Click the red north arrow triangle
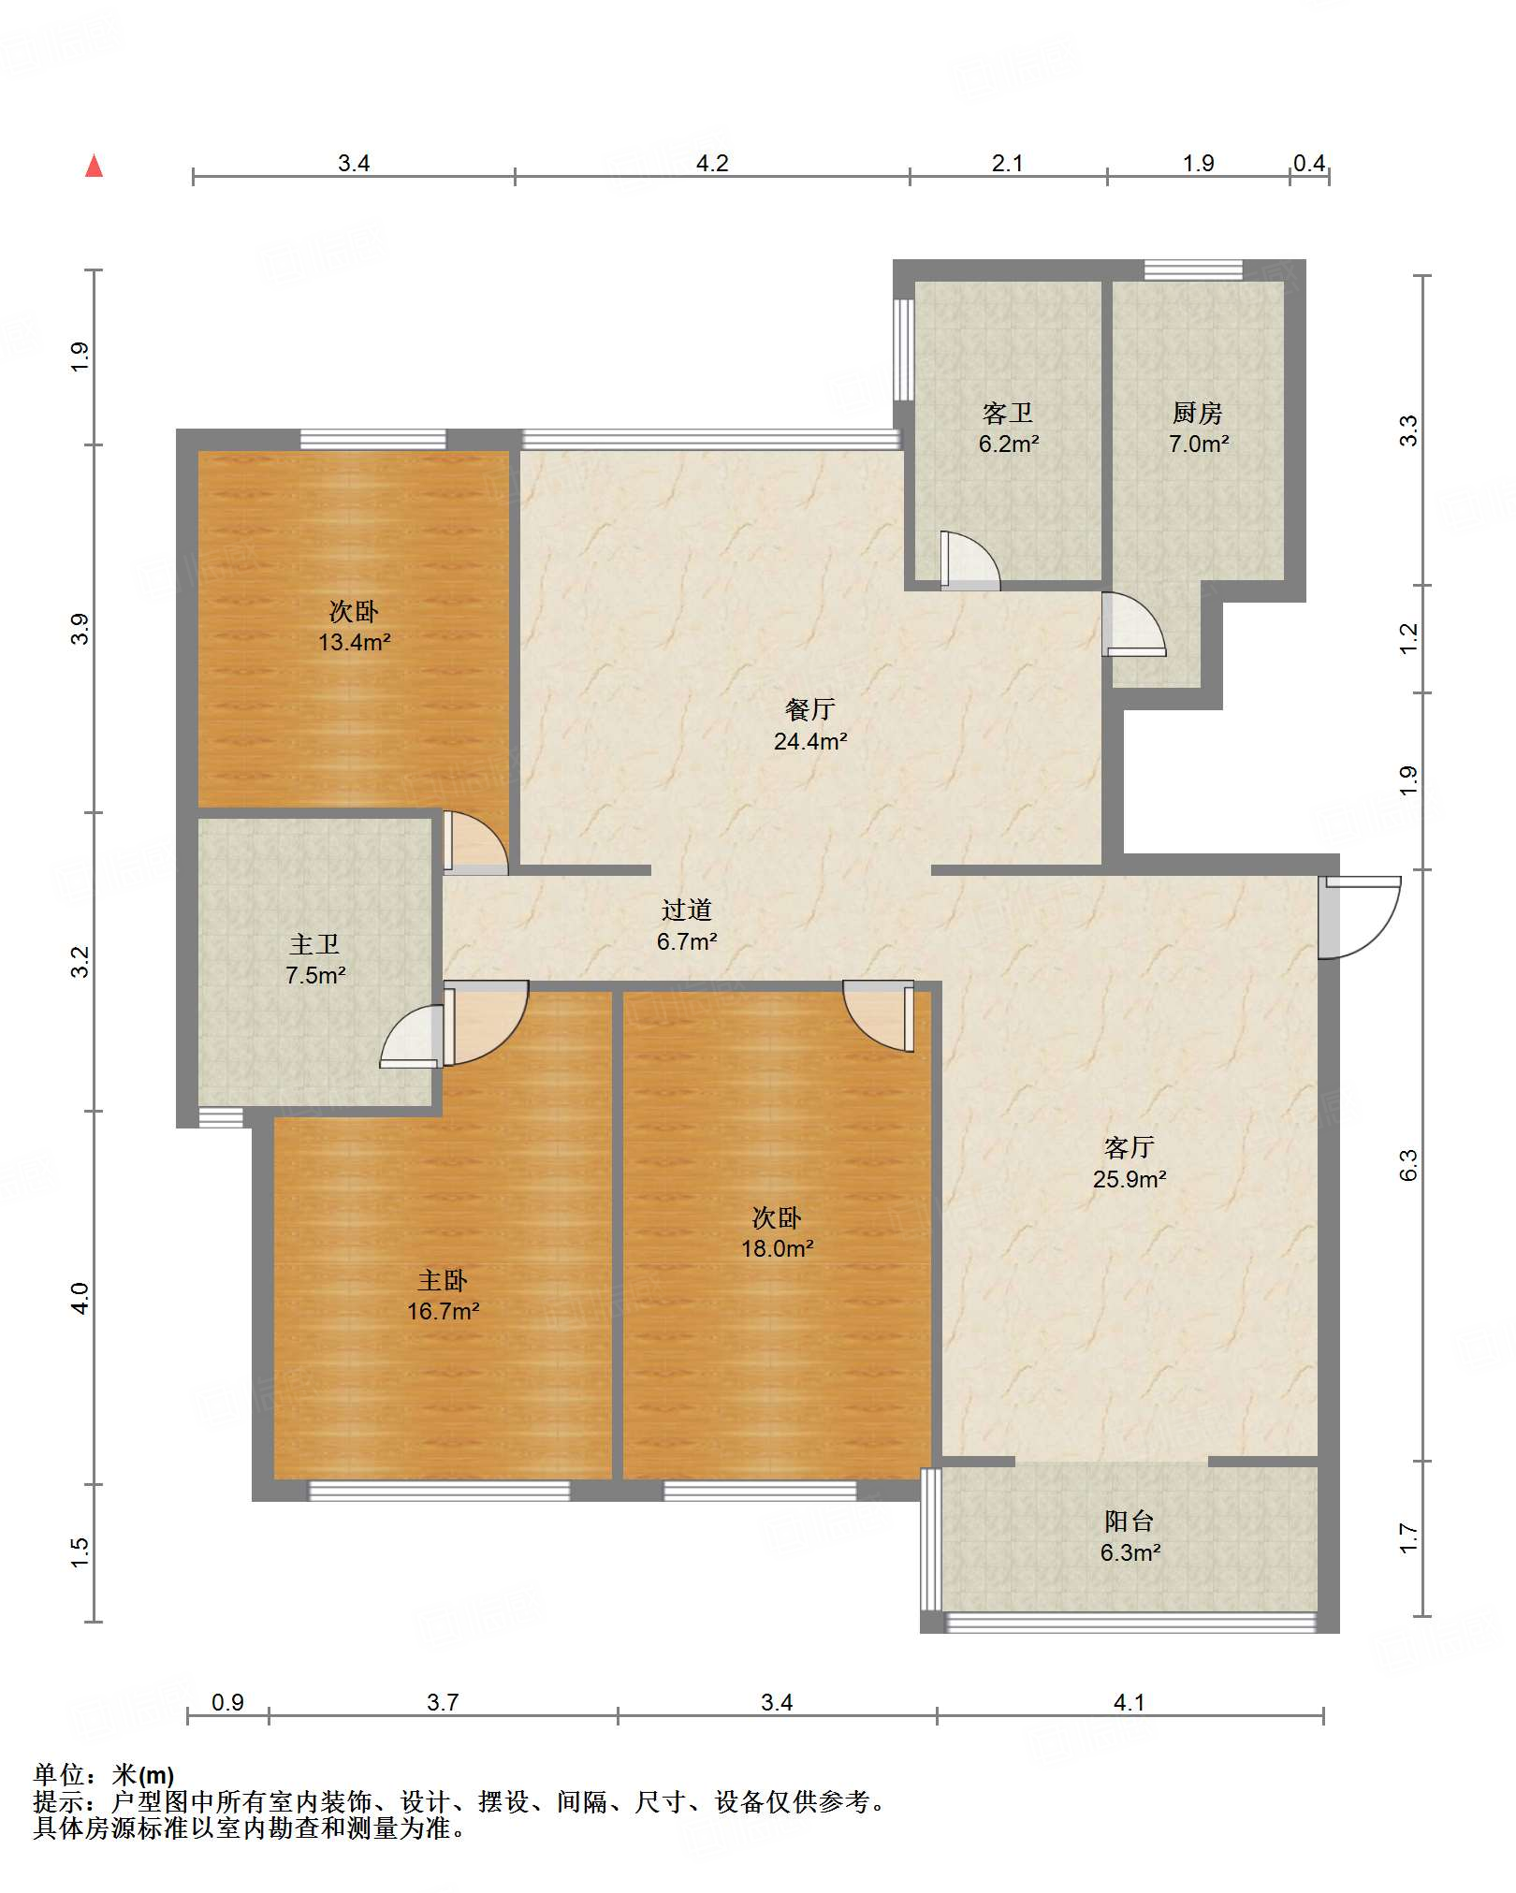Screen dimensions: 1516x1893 94,166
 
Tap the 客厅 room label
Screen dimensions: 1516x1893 1130,1147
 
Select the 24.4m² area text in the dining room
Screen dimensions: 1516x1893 810,742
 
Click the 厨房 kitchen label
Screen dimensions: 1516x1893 1198,413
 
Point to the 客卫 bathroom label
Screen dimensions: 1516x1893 1008,413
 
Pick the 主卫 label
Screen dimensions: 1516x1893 314,944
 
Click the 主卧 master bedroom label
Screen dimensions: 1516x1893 443,1280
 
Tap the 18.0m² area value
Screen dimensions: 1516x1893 778,1248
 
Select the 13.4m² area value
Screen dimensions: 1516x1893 354,643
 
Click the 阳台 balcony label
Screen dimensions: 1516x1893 1130,1522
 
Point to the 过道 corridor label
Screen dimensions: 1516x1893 687,910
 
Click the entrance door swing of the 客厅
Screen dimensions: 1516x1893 1360,918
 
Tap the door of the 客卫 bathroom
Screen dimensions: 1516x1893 970,561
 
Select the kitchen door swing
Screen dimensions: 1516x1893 1134,624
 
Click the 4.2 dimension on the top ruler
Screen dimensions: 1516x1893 712,164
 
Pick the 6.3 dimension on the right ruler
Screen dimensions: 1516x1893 1409,1165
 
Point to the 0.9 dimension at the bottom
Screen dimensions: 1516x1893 227,1702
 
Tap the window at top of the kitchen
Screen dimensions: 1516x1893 1193,270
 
